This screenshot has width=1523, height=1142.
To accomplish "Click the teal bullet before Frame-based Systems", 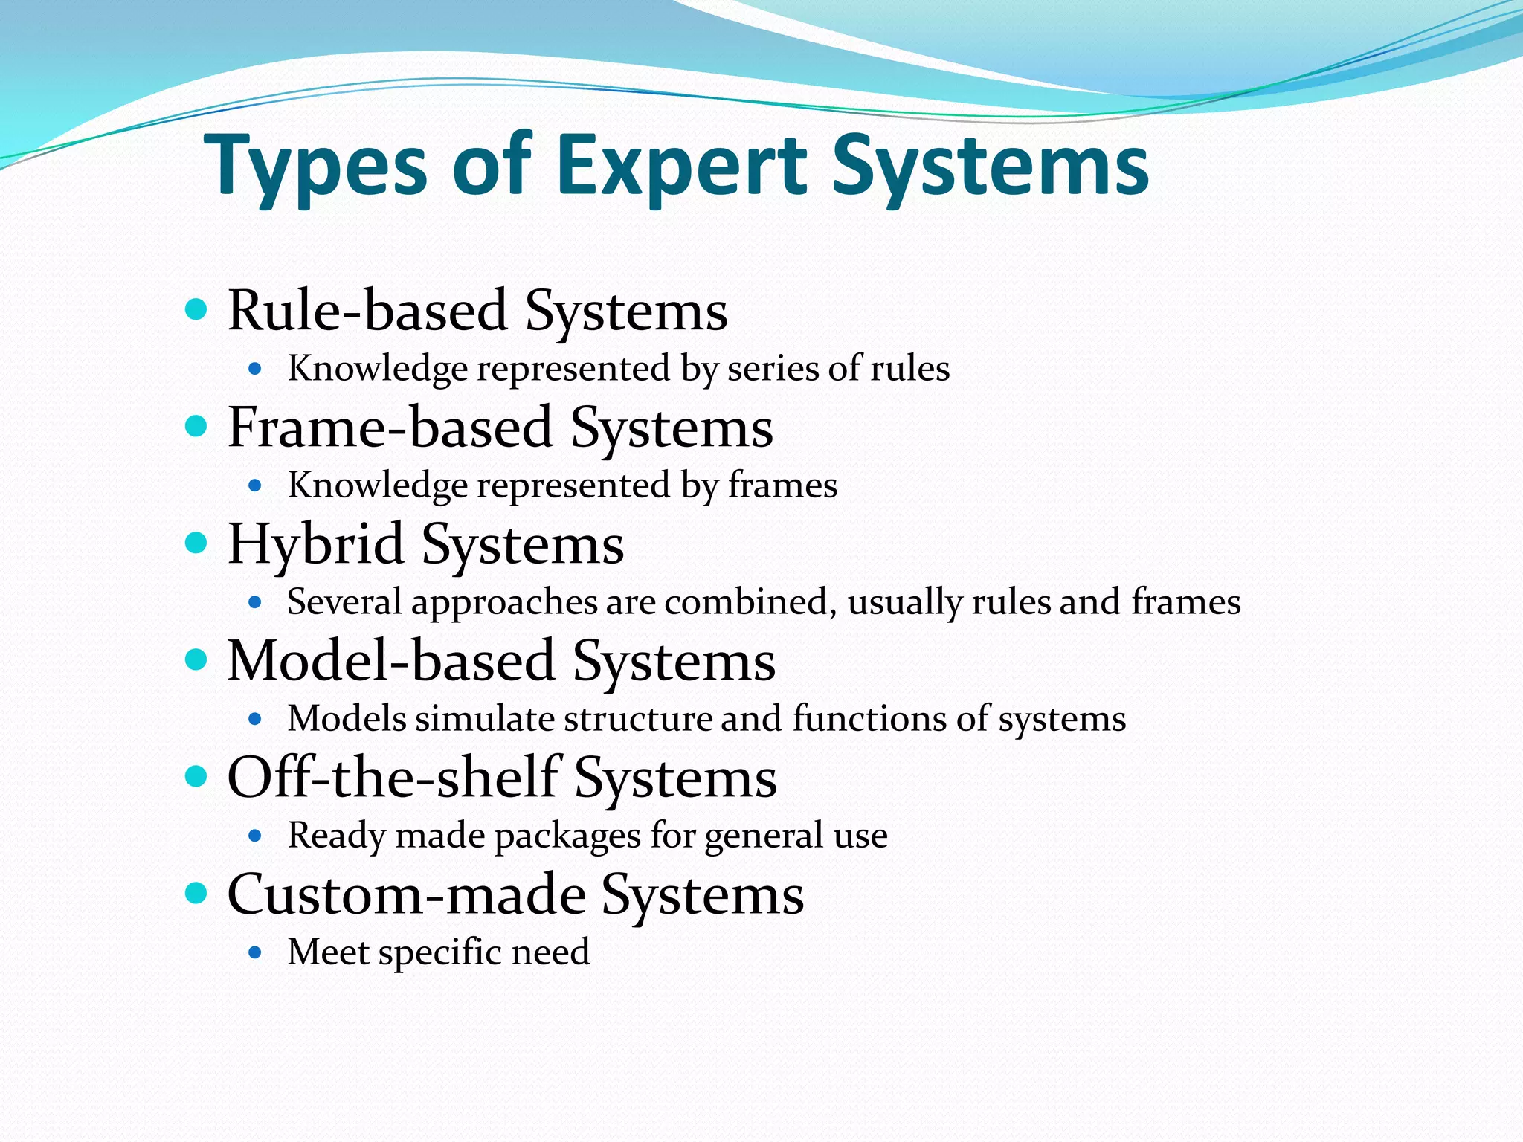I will [x=196, y=427].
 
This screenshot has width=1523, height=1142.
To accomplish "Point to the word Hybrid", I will [x=315, y=544].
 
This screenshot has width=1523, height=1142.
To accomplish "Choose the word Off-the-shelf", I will [x=393, y=777].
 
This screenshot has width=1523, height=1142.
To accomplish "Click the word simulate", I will [x=484, y=719].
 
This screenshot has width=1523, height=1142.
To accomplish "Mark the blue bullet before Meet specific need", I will [x=255, y=952].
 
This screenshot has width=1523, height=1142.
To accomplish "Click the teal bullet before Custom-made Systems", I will [x=196, y=893].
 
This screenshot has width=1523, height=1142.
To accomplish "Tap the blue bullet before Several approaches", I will [x=255, y=602].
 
